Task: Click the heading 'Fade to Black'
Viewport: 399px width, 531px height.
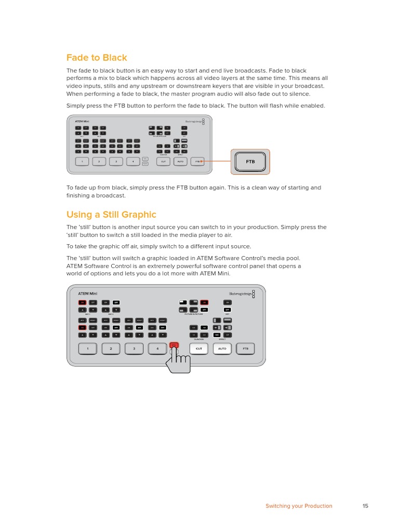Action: pyautogui.click(x=97, y=58)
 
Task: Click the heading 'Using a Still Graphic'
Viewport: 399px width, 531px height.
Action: pyautogui.click(x=111, y=214)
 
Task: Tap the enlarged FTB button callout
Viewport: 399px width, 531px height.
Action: pyautogui.click(x=250, y=162)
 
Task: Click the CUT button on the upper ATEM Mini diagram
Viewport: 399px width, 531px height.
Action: pyautogui.click(x=163, y=162)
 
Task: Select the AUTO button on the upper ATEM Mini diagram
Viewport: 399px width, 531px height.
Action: pyautogui.click(x=180, y=162)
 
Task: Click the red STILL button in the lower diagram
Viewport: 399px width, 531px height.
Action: pyautogui.click(x=174, y=345)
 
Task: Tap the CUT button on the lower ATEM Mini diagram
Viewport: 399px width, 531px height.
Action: pyautogui.click(x=199, y=349)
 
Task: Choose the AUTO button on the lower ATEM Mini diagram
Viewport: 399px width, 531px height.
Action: pyautogui.click(x=222, y=349)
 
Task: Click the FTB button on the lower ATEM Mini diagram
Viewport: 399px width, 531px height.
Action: pyautogui.click(x=246, y=349)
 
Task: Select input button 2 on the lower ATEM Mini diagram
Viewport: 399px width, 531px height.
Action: pyautogui.click(x=111, y=349)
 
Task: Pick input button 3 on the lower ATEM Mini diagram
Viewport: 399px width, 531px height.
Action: pyautogui.click(x=134, y=349)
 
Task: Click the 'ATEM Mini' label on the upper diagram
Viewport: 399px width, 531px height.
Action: pyautogui.click(x=82, y=121)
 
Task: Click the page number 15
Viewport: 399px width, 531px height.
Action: pyautogui.click(x=365, y=506)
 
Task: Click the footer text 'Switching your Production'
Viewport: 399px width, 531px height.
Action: pyautogui.click(x=299, y=506)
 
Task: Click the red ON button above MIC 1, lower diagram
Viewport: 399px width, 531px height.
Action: pyautogui.click(x=82, y=302)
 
